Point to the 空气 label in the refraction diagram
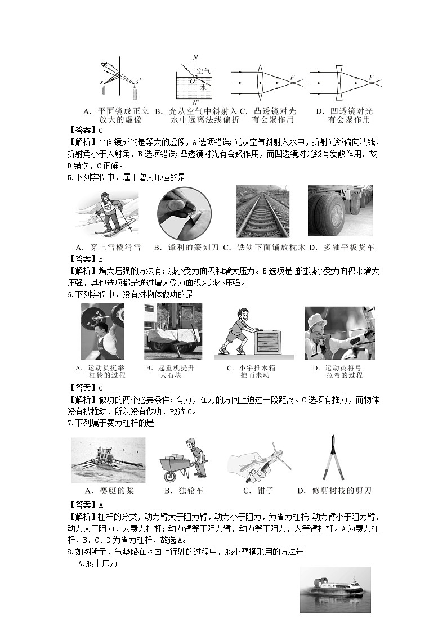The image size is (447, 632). coord(203,71)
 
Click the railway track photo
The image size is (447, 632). coord(262,211)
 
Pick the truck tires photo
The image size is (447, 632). coord(340,210)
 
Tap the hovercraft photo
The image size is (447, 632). coord(335,590)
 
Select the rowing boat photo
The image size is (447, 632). coord(108,460)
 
